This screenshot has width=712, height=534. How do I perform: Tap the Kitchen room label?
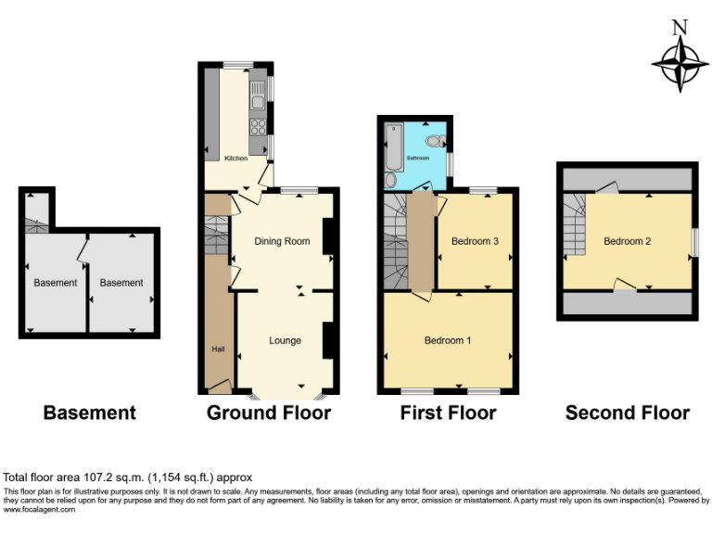pos(236,159)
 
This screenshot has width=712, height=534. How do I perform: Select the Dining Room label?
pos(282,242)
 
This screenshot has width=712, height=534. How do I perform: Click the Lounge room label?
pos(285,340)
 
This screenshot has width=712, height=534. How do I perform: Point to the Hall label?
pos(218,349)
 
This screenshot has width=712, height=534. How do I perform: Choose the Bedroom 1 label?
pos(448,340)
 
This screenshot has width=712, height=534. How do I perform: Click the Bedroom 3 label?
pos(475,242)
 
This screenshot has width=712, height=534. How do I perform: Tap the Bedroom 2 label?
pos(627,242)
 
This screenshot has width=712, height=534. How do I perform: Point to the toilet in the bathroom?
pos(435,142)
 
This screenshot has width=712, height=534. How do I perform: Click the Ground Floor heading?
pos(268,413)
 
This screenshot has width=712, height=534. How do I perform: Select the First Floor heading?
pos(448,413)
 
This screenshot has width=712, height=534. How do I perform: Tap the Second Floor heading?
pos(627,413)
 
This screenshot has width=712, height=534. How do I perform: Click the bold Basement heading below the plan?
pos(89,413)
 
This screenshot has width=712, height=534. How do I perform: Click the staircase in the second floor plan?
pos(575,227)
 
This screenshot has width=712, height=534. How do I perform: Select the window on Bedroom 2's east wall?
pos(694,242)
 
